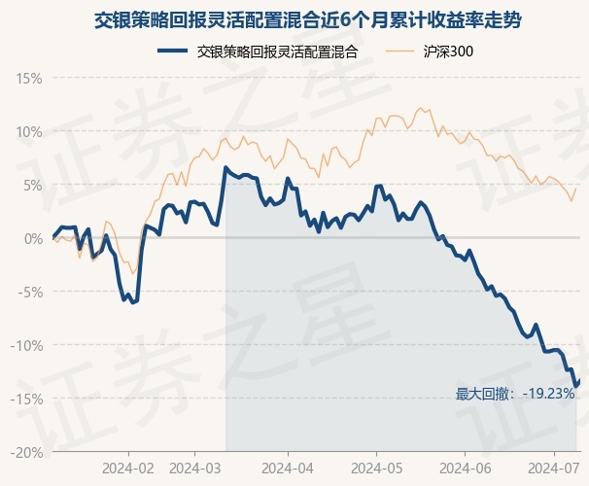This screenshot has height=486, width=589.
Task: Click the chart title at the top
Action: coord(294,19)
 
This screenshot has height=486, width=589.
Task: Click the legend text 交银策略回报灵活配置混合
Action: coord(277,52)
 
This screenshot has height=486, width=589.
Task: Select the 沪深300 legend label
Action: coord(449,52)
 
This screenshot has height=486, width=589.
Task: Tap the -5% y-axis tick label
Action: coord(30,292)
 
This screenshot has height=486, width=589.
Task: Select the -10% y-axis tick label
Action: coord(27,345)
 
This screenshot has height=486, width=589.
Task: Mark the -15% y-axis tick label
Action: coord(27,399)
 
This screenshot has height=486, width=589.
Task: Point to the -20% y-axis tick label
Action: coord(27,452)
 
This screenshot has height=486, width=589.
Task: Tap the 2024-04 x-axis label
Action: coord(289,468)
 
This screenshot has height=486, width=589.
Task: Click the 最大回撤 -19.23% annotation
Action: coord(515,394)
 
